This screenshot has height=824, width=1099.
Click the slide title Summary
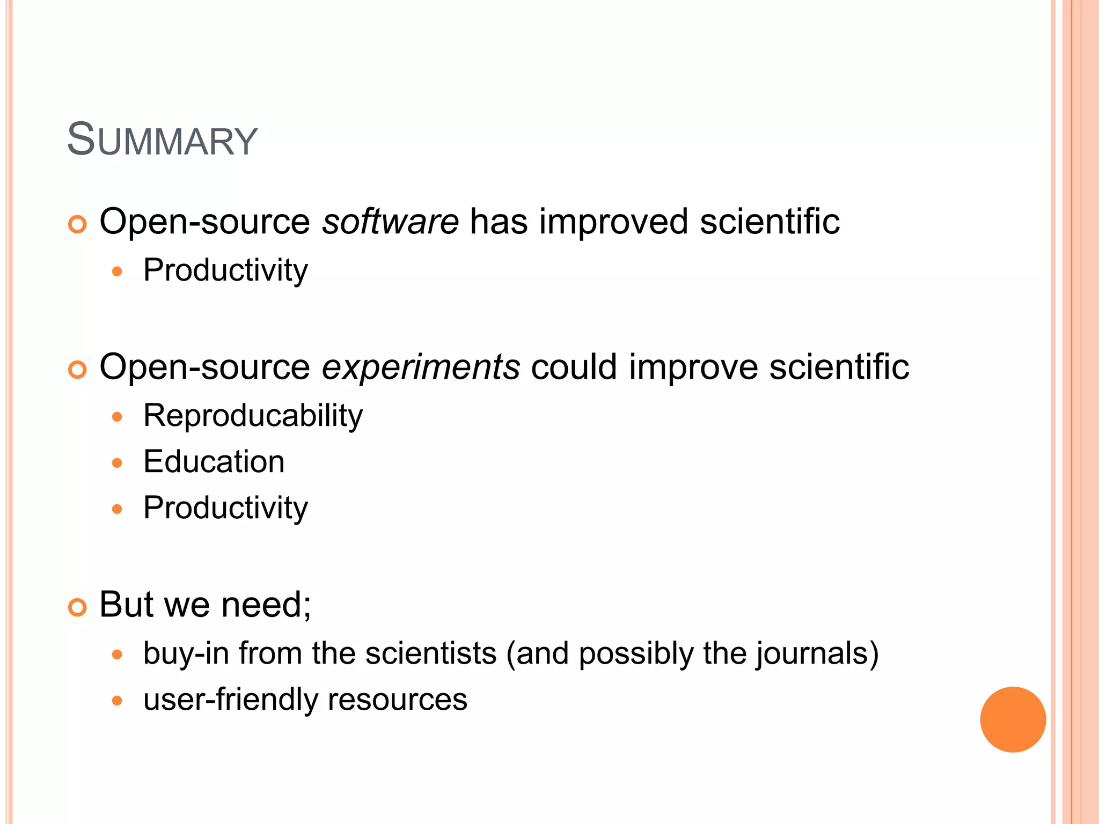click(162, 140)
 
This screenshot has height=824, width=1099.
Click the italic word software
click(390, 222)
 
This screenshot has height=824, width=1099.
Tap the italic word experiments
click(420, 367)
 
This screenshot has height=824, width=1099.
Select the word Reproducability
click(253, 416)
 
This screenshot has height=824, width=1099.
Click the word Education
click(214, 462)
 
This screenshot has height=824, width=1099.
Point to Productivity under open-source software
click(225, 270)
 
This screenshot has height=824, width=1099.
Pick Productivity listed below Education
click(225, 508)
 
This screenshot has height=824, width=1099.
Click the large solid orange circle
click(1013, 719)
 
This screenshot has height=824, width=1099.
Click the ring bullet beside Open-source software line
click(77, 225)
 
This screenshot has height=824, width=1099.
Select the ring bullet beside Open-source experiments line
click(77, 370)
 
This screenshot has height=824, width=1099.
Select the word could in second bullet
click(574, 367)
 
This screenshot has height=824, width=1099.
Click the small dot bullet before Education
click(118, 463)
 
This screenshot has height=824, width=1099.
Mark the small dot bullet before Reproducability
click(118, 417)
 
